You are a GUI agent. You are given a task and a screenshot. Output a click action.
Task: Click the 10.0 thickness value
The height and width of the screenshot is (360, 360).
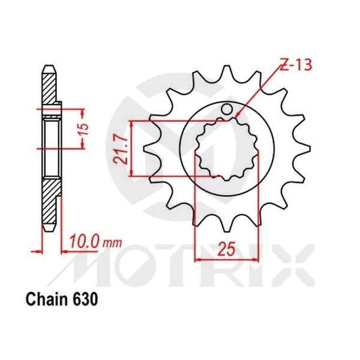click(83, 243)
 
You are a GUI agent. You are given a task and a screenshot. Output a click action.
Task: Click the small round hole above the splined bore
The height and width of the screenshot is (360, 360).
click(227, 110)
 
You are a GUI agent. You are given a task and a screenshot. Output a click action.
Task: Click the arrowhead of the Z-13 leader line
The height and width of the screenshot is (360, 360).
click(238, 115)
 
